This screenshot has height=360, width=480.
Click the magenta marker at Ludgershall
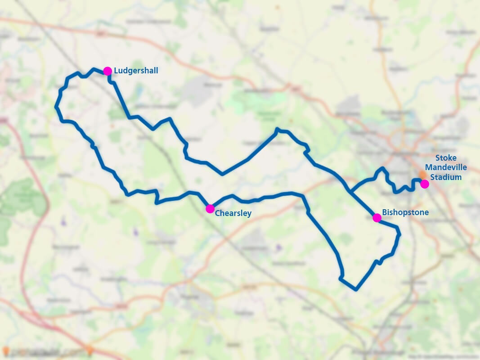click(108, 71)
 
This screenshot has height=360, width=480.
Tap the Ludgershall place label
click(136, 71)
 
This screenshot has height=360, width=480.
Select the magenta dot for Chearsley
click(210, 208)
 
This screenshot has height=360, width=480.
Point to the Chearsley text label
click(233, 213)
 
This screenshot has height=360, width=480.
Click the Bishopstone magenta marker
click(377, 218)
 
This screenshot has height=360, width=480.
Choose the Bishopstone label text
click(405, 212)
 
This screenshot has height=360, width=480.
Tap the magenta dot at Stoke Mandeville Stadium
click(424, 184)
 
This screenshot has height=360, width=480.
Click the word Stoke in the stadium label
click(446, 158)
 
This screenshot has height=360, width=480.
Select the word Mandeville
click(446, 167)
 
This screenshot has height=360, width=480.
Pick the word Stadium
click(446, 177)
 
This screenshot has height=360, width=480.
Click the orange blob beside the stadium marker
click(422, 175)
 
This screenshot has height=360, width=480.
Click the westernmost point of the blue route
click(56, 107)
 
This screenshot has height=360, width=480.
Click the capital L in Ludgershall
click(116, 71)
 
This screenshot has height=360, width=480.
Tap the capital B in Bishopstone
click(385, 212)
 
